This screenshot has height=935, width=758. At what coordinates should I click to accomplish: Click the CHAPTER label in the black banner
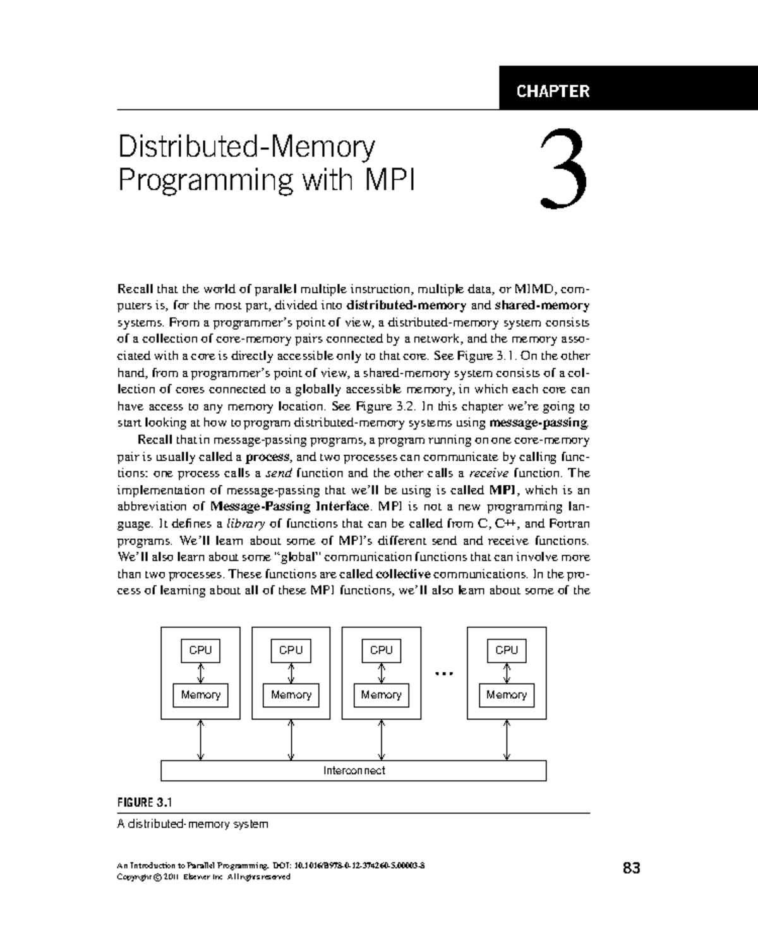(553, 91)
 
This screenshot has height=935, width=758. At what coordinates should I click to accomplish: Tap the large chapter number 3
(565, 169)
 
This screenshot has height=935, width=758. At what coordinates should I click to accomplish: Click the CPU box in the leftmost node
(201, 650)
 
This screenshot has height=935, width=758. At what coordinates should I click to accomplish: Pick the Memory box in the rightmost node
(507, 695)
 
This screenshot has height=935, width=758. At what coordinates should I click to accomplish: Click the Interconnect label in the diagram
(354, 770)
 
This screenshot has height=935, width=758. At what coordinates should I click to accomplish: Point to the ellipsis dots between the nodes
(445, 673)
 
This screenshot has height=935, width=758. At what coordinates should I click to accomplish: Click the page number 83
(631, 868)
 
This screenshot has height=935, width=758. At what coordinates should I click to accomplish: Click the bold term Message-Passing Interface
(289, 507)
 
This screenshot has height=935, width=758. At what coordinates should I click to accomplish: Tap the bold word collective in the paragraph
(403, 574)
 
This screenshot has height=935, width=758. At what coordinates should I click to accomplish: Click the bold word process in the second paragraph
(268, 456)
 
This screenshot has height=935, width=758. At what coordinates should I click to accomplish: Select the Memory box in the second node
(291, 695)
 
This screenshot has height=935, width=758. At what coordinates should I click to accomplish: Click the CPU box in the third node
(381, 650)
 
